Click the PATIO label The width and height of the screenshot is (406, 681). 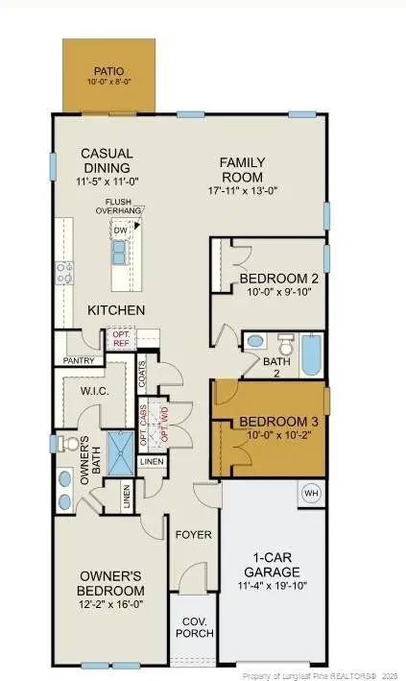[107, 71]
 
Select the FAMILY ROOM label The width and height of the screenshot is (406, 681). [242, 170]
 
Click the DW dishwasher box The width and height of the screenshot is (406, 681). [121, 231]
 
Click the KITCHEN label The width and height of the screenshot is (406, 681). [116, 310]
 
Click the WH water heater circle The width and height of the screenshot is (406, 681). [311, 494]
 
